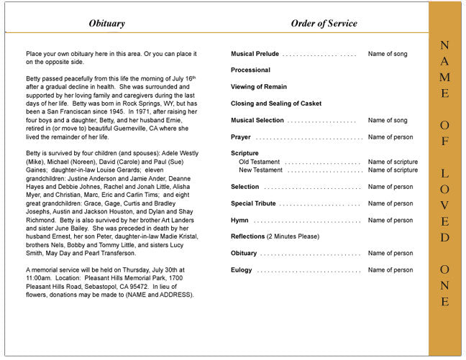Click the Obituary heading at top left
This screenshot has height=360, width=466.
(x=106, y=24)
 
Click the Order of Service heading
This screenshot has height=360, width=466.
(x=324, y=24)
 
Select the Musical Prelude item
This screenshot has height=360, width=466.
(x=255, y=54)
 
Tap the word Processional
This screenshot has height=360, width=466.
(x=250, y=70)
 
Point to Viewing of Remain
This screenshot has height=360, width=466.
(x=259, y=87)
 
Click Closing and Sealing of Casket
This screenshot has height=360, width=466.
(x=276, y=103)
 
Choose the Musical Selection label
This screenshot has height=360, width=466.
(x=257, y=120)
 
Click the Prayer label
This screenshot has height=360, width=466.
(x=241, y=137)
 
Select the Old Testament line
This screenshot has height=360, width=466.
(x=260, y=162)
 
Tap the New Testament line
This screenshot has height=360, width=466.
(x=261, y=170)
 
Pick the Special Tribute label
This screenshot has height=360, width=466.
(x=253, y=203)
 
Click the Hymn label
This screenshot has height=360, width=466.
(x=239, y=220)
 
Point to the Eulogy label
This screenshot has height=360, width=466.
(x=242, y=270)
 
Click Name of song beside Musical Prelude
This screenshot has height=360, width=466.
(x=388, y=54)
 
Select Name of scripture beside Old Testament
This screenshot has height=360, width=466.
(x=393, y=162)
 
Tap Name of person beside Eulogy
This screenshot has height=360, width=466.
(x=390, y=270)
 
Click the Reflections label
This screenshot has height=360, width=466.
(x=248, y=236)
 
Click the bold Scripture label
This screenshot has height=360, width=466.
(x=245, y=153)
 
